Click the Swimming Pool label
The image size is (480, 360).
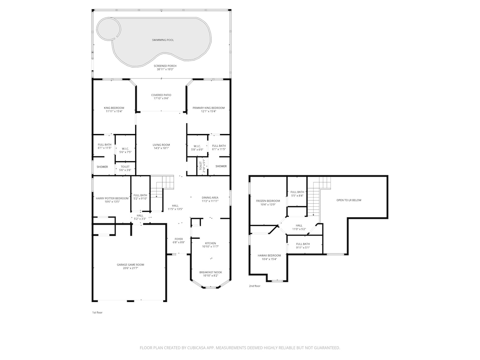coord(163,40)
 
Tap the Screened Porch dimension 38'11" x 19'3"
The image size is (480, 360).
coord(165,69)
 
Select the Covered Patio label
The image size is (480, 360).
coord(161,95)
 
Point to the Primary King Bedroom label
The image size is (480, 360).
coord(208,108)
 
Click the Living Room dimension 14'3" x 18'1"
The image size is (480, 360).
coord(161,148)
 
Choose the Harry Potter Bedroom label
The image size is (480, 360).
coord(112,198)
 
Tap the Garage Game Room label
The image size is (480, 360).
coord(130,265)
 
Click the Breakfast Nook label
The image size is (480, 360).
coord(210,272)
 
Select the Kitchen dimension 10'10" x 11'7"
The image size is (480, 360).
coord(210,246)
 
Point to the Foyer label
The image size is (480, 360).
coord(179,239)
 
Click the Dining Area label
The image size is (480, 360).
coord(210,198)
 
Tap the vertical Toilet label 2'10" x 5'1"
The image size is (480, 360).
coord(202,166)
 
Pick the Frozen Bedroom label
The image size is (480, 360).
coord(268,201)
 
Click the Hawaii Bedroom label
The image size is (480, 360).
coord(269,256)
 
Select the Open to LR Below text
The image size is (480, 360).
coord(349,200)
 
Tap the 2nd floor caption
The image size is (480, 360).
coord(254,286)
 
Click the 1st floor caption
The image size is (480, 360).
coord(97,312)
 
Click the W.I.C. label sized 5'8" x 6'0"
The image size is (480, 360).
coord(197,146)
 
